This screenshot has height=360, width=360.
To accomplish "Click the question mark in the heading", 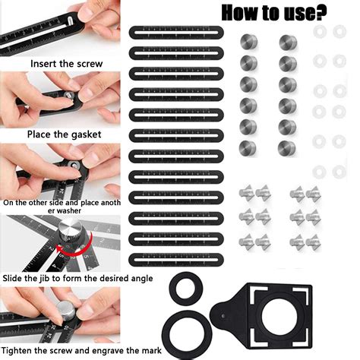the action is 320,12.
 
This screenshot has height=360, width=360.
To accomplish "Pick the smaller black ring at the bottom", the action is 186,289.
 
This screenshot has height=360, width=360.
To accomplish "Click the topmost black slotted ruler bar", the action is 176,33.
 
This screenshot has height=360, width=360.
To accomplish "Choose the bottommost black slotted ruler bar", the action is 176,260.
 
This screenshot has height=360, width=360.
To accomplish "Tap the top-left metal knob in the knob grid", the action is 249,42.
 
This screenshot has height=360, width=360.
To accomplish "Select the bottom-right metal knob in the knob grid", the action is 287,148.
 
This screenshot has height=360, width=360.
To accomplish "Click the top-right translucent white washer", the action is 339,31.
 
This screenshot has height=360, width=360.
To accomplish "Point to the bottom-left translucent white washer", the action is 319,172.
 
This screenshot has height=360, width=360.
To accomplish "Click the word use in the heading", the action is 296,13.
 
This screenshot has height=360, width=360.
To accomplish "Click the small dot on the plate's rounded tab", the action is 223,316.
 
